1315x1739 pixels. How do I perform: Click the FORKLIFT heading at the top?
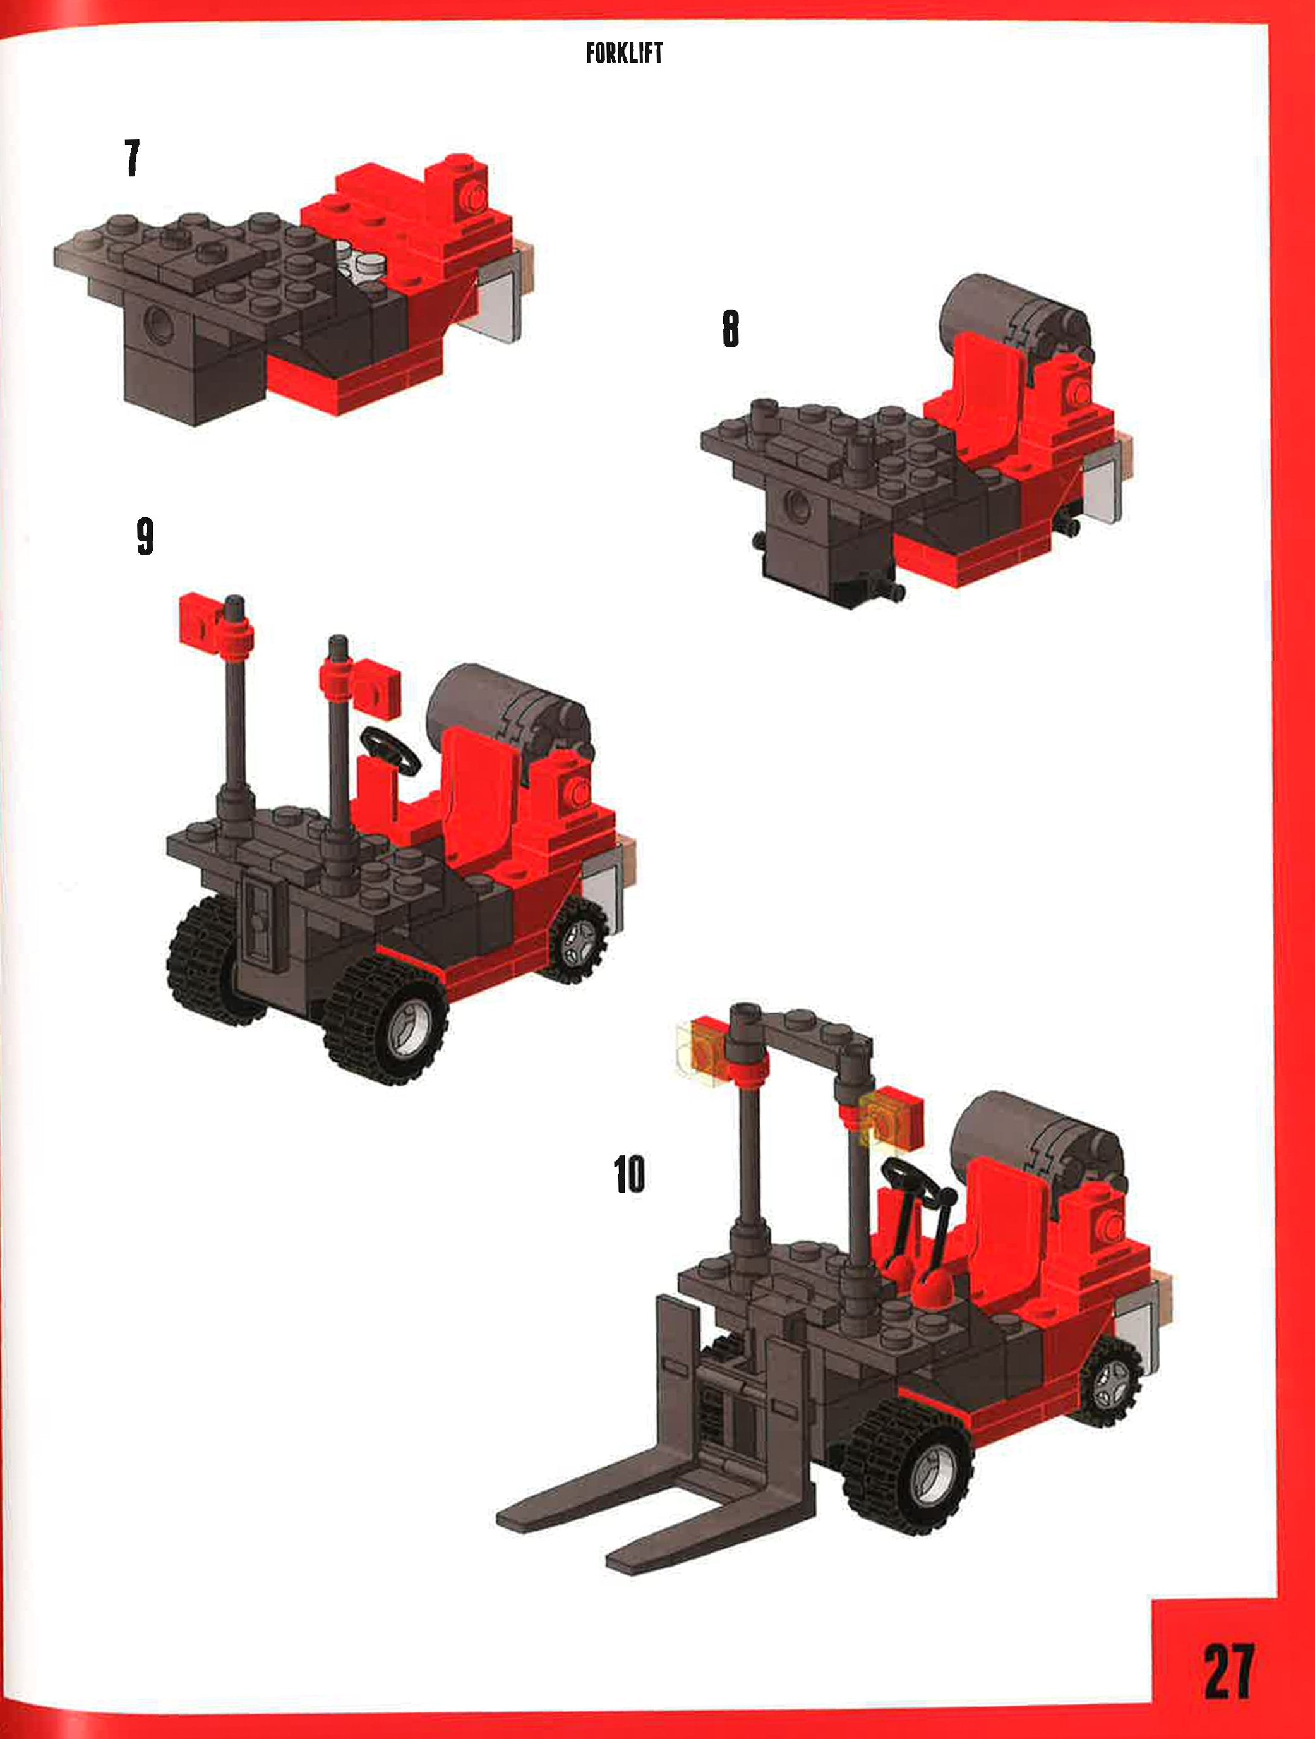click(624, 54)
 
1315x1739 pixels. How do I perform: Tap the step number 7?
click(132, 157)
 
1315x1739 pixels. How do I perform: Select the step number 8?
click(730, 328)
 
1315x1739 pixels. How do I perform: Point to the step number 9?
click(145, 536)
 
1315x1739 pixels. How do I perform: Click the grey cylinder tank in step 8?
click(998, 311)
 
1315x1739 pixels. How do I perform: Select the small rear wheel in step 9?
click(579, 939)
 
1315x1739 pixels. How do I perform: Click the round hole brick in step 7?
click(158, 324)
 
